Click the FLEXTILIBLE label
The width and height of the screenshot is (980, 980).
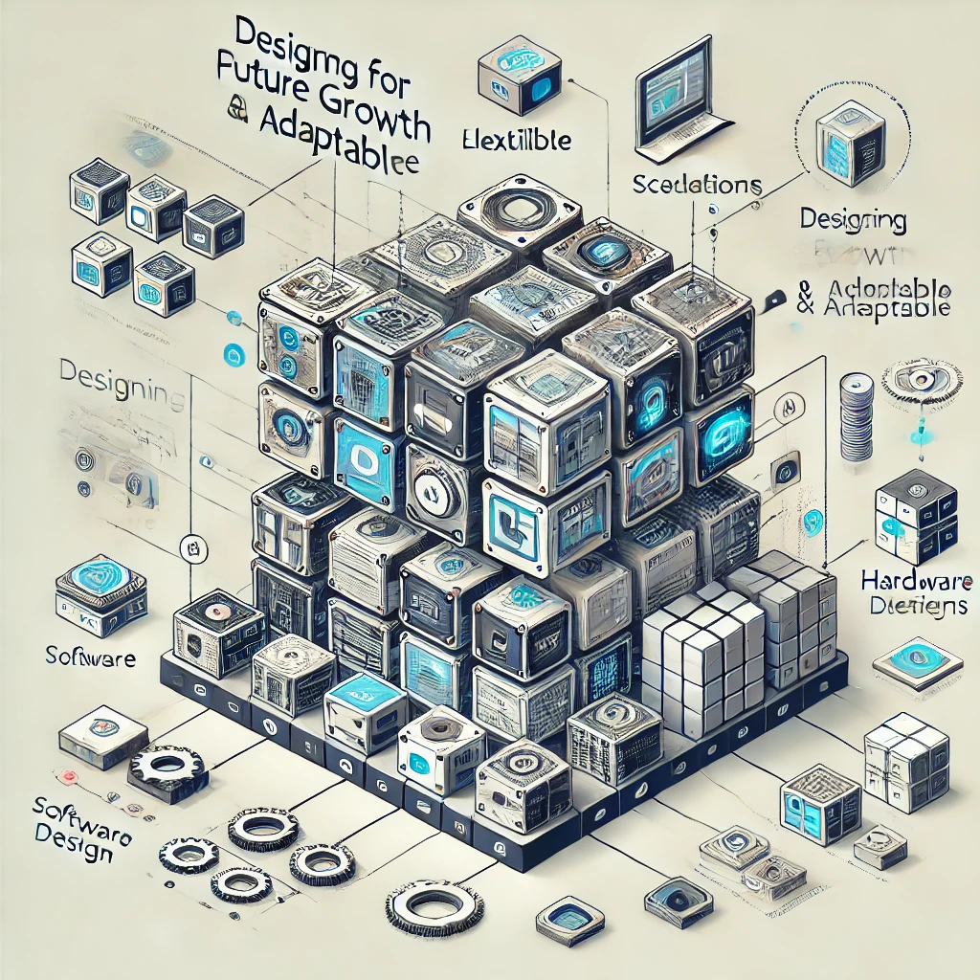click(x=518, y=140)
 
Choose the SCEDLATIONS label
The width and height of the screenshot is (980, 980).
click(x=696, y=184)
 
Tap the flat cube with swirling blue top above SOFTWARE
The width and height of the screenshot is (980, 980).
click(x=100, y=586)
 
